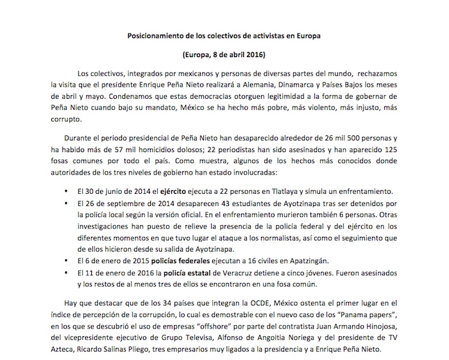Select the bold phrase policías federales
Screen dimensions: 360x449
click(x=178, y=262)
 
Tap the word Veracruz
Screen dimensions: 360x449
click(x=239, y=274)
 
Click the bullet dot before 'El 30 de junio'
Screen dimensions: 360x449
click(x=66, y=193)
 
